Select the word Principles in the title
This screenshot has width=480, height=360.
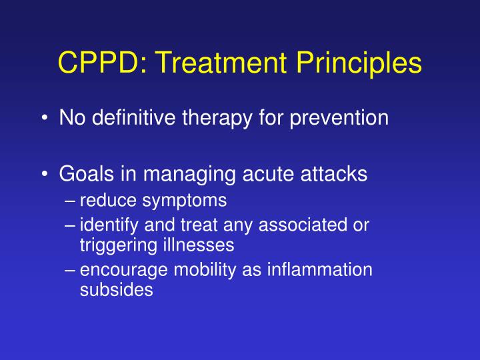(x=359, y=63)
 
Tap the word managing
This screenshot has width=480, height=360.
(x=180, y=174)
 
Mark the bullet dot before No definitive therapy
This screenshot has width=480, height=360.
(x=43, y=119)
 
